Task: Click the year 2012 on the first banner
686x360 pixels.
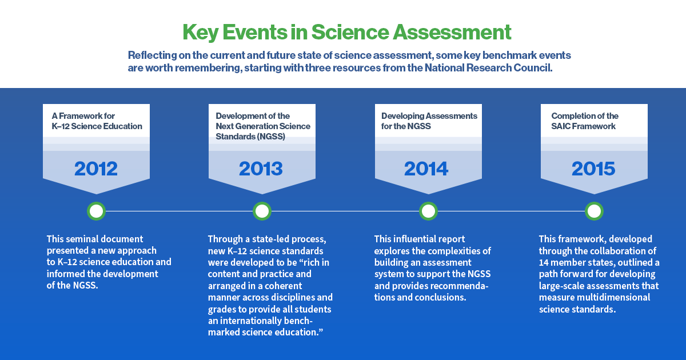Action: click(96, 169)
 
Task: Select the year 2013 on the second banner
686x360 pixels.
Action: click(261, 169)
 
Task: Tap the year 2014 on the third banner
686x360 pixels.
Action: click(426, 169)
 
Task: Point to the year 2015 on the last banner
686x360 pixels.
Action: click(593, 169)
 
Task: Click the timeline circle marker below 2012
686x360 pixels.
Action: click(97, 211)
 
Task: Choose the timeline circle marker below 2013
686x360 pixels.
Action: click(262, 211)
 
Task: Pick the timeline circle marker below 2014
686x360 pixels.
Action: click(428, 211)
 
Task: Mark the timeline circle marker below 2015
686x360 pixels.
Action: click(594, 211)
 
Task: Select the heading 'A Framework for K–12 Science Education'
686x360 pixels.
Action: click(96, 121)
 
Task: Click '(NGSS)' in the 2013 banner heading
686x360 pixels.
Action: click(270, 137)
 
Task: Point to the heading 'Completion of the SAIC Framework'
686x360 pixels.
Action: click(584, 121)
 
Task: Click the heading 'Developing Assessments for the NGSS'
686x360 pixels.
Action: click(429, 121)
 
